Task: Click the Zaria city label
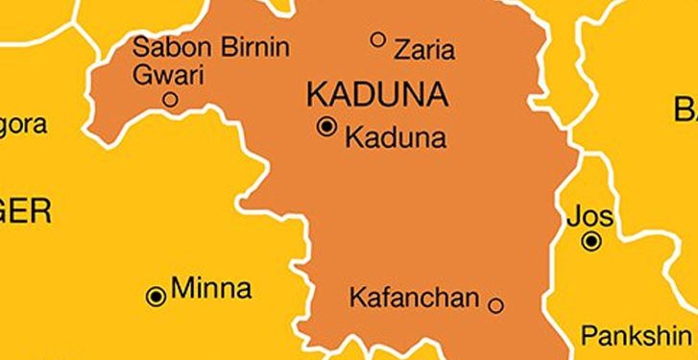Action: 424,47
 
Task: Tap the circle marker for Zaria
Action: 378,39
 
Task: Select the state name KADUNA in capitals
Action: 376,94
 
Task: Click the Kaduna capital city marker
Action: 327,127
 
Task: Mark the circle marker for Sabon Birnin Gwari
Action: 170,99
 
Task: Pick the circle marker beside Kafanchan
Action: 495,306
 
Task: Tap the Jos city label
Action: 590,216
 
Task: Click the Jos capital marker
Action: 593,242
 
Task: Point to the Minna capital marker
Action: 156,297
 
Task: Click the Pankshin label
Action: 635,337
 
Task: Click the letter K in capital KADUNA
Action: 316,94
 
